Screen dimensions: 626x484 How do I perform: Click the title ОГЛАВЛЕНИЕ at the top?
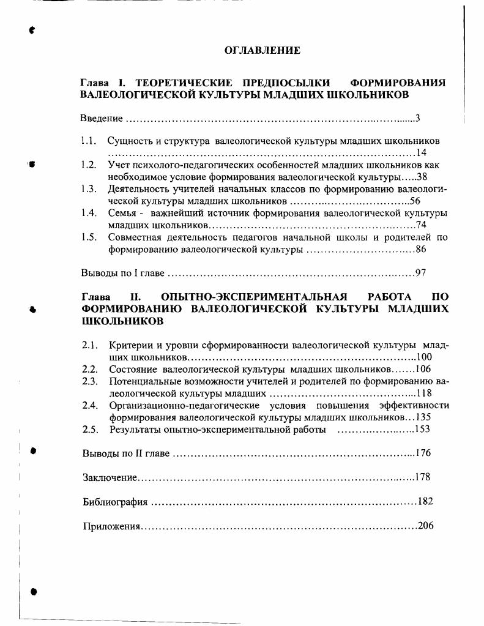point(262,51)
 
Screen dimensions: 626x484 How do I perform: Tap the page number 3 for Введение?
point(417,118)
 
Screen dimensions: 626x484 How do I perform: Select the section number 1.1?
point(89,141)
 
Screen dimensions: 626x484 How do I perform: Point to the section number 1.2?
point(89,165)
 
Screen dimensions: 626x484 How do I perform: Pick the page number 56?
point(415,201)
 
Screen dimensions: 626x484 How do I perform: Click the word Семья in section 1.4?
point(121,213)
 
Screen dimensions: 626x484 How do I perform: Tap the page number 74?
point(420,225)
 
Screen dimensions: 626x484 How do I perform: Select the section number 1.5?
point(89,237)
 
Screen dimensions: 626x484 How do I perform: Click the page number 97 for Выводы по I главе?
point(420,273)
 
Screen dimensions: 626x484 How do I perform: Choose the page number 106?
point(423,369)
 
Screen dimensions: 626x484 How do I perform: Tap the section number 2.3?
point(90,381)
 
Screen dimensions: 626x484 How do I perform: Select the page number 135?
point(423,417)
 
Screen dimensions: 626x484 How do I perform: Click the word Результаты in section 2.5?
point(134,429)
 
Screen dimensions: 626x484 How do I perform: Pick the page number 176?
point(423,453)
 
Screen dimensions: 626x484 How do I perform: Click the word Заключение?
point(110,477)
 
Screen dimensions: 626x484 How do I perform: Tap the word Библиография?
point(115,502)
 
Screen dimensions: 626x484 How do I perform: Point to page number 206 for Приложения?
point(425,526)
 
